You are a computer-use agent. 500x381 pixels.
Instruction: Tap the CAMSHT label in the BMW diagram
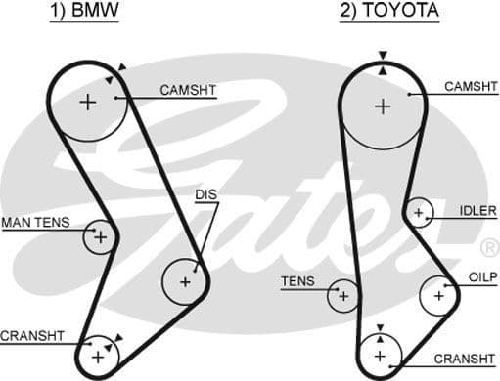(188, 90)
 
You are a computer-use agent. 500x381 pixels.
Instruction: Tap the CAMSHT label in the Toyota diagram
(471, 87)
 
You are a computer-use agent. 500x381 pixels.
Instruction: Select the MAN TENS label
(35, 223)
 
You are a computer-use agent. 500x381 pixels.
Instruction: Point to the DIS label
(205, 195)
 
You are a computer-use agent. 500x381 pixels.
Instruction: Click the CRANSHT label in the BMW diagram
(32, 336)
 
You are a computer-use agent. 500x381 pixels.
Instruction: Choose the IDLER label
(477, 211)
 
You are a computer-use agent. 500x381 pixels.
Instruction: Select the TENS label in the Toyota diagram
(297, 281)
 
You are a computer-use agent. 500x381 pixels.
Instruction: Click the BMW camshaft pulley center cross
(89, 101)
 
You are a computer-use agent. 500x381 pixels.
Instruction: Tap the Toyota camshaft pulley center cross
(382, 106)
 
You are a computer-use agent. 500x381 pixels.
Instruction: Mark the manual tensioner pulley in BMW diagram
(99, 235)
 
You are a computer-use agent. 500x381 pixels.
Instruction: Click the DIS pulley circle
(185, 281)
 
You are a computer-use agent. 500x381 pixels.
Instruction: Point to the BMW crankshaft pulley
(97, 356)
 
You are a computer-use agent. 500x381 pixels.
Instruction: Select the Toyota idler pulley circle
(419, 212)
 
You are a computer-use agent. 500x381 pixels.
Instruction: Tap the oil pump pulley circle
(438, 293)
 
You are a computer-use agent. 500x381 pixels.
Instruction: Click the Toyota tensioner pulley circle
(343, 292)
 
